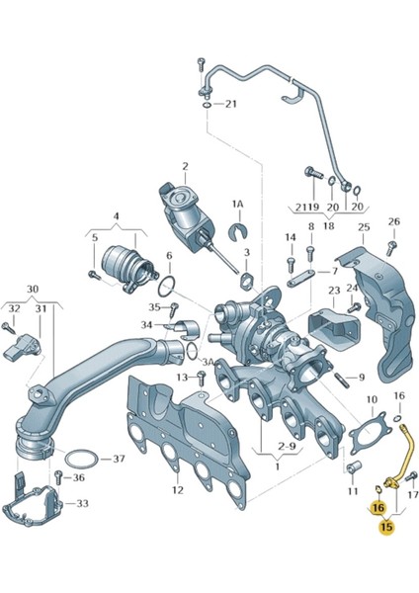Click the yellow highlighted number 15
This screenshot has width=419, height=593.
pyautogui.click(x=387, y=526)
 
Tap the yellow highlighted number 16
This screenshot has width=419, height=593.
pyautogui.click(x=378, y=507)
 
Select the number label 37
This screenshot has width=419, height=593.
pyautogui.click(x=119, y=459)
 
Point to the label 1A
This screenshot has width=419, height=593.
pyautogui.click(x=238, y=205)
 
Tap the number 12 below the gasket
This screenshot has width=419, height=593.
pyautogui.click(x=177, y=490)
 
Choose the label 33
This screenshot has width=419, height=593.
pyautogui.click(x=82, y=503)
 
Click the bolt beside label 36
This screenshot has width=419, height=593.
pyautogui.click(x=58, y=477)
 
